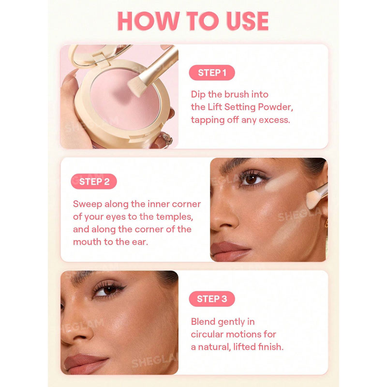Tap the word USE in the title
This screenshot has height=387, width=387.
pos(247,21)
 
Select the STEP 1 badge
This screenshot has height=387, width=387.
pos(212,73)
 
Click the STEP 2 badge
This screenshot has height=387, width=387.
pos(94,181)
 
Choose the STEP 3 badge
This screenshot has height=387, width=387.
pos(212,298)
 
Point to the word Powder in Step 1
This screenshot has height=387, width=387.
pos(275,107)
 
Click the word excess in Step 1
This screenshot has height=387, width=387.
pos(274,120)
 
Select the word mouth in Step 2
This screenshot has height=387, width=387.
pos(87,242)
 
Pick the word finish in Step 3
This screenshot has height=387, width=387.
pos(270,347)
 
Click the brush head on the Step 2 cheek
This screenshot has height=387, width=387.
pos(313,199)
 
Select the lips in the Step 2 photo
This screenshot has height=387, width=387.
pos(230,251)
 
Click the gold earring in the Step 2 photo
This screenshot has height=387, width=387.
pos(326,223)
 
